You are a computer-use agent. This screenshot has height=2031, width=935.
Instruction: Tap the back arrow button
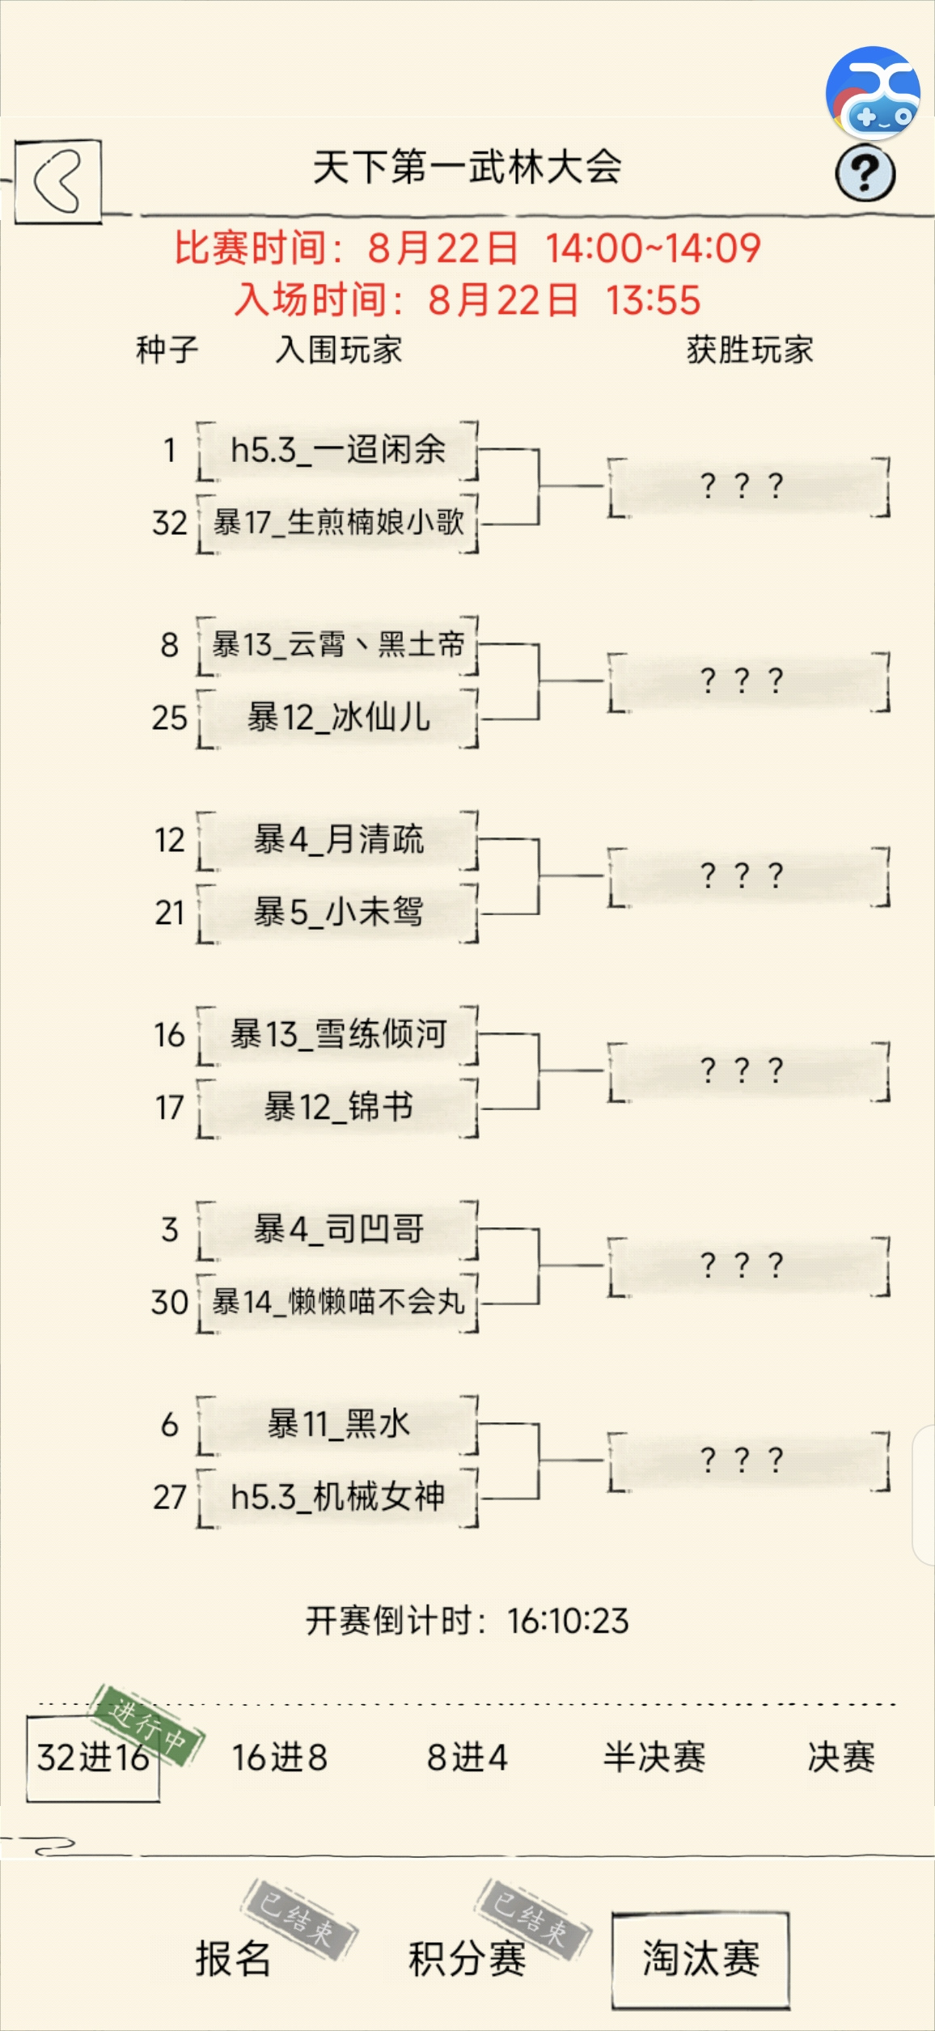coord(58,181)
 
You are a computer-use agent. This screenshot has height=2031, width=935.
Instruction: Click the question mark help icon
coord(865,172)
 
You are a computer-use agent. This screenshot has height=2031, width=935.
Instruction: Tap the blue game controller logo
coord(873,92)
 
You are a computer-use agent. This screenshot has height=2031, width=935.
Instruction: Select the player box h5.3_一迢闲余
coord(337,451)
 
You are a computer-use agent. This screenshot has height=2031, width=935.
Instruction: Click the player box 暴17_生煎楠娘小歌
coord(337,523)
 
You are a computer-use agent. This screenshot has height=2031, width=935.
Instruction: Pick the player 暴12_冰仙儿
coord(337,718)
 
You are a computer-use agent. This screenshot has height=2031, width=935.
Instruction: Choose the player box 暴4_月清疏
coord(337,840)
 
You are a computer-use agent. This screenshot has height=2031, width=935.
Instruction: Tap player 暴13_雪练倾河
coord(337,1035)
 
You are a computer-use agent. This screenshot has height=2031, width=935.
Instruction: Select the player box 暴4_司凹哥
coord(337,1230)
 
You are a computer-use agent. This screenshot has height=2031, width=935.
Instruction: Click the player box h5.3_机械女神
coord(337,1498)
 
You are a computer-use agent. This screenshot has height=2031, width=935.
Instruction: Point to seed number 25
coord(169,718)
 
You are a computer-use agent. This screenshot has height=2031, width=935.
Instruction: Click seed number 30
coord(169,1303)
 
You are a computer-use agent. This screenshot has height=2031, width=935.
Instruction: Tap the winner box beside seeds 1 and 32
coord(749,486)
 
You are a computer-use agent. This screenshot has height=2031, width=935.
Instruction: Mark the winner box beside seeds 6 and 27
coord(749,1461)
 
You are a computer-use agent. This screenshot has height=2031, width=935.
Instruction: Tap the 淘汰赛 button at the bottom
coord(700,1960)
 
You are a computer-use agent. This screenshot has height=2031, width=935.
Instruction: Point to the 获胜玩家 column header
coord(750,350)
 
